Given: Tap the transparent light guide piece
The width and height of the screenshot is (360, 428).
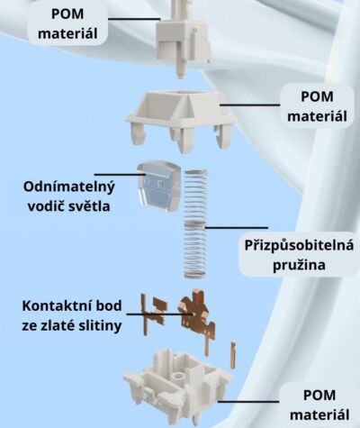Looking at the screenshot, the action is coord(158,187).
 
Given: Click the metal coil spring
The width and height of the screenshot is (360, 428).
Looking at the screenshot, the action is coord(196,223).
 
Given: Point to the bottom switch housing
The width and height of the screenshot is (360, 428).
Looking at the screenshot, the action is coord(178,387).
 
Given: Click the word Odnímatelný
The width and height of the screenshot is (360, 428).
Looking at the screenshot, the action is coord(69,187).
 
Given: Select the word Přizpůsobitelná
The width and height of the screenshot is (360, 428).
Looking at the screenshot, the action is coord(299,246).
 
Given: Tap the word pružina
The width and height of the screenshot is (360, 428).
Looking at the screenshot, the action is coord(299,266).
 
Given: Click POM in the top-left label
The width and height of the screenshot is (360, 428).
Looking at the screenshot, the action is coord(67,14).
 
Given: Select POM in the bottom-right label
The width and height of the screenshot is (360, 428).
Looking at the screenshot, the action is coord(319,396).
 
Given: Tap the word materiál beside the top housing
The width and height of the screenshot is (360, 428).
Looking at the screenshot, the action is coord(317,116).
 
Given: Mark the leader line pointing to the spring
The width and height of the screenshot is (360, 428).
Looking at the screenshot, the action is coord(237,228).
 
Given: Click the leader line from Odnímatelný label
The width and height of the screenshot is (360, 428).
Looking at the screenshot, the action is coord(120,174).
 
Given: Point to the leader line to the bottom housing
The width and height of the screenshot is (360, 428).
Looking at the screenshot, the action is coord(248,401).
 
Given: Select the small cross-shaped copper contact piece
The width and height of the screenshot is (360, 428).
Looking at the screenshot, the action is coord(154,314).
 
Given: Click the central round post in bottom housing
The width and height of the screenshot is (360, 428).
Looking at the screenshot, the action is coord(180,376).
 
